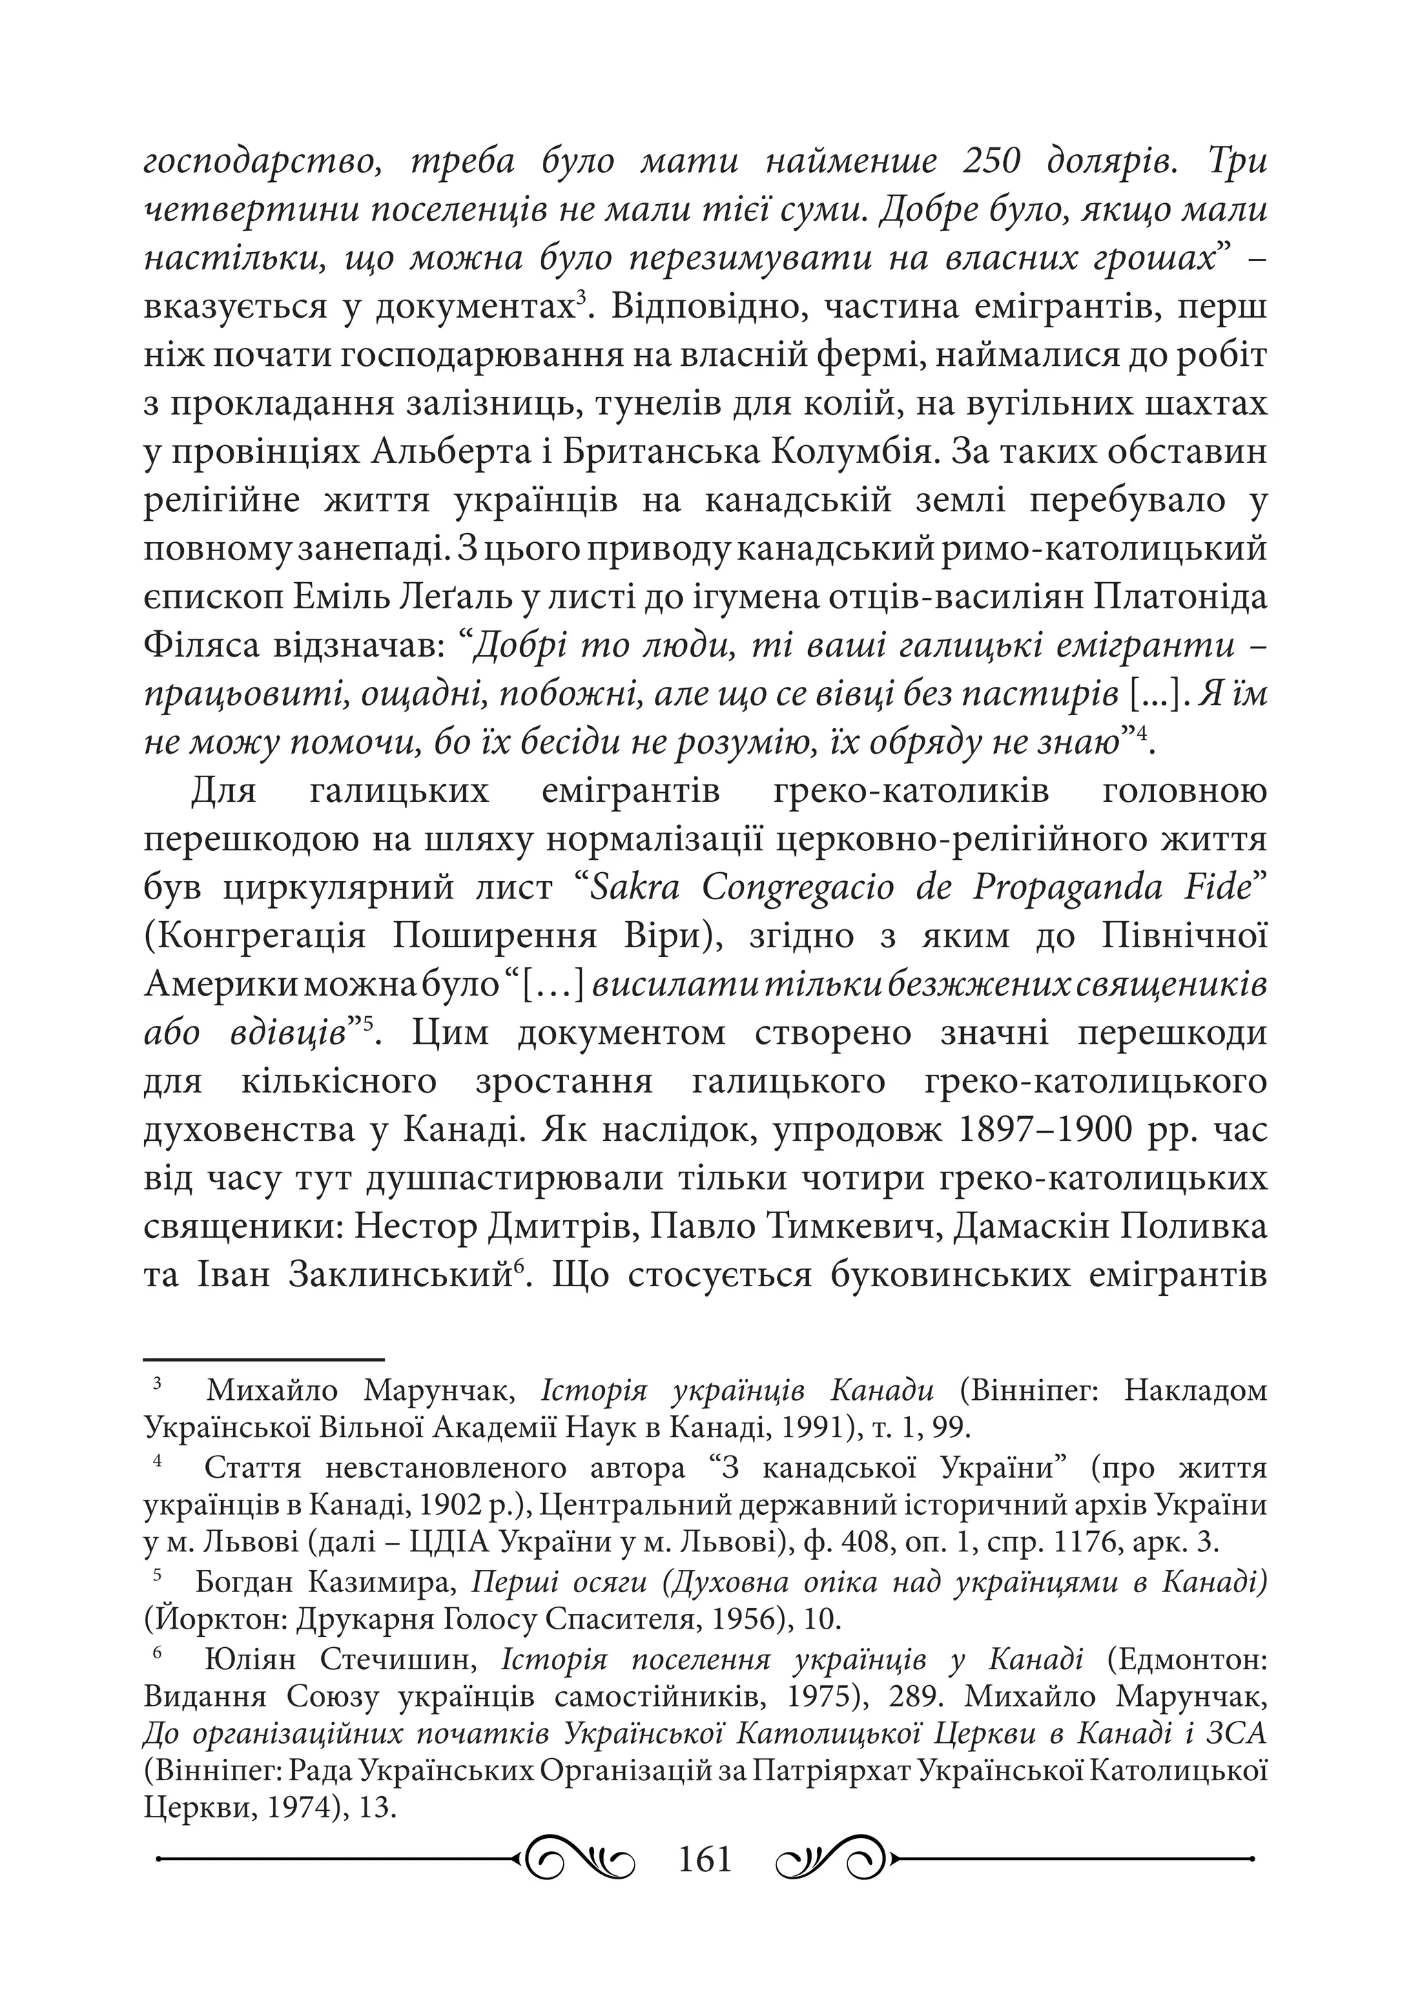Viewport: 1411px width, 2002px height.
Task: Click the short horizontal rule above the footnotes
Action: (x=262, y=1359)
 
